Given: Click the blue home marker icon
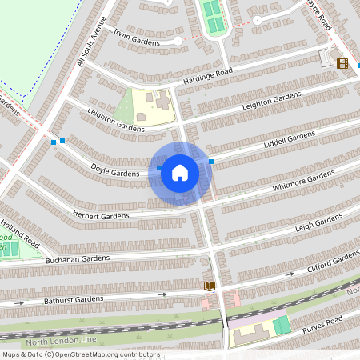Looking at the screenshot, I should click(x=180, y=173).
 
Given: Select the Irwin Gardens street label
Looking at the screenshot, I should click(x=136, y=37).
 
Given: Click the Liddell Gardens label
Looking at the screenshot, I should click(x=289, y=142).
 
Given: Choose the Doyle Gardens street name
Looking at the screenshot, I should click(x=115, y=170).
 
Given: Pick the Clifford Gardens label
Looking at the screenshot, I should click(x=334, y=262).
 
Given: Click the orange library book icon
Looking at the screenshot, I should click(x=210, y=286).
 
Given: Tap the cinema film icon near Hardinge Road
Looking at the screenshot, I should click(x=342, y=63).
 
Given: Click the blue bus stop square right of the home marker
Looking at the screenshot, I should click(x=211, y=162).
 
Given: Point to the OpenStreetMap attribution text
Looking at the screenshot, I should click(x=79, y=354).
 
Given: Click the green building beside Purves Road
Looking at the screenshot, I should click(x=282, y=326).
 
